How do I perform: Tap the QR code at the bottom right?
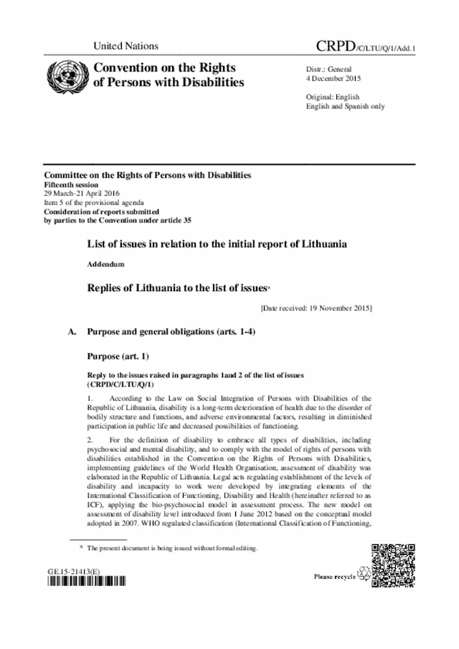393,566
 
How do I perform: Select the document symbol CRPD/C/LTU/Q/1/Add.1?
366,47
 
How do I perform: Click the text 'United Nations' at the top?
126,47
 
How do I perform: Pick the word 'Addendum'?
105,265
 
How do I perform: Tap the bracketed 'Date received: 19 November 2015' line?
316,308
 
